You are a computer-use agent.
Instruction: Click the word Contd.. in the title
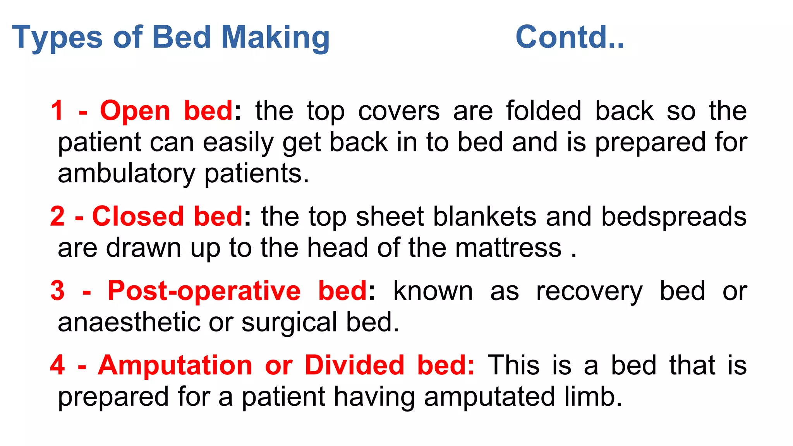(569, 37)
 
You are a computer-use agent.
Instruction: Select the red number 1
(57, 111)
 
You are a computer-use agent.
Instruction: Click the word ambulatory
(126, 174)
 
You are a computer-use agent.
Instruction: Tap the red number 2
(57, 216)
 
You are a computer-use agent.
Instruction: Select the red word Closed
(137, 216)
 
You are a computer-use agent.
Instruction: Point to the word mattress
(508, 248)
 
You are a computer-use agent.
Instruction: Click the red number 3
(57, 291)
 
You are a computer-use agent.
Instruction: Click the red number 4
(57, 365)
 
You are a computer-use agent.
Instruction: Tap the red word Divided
(354, 365)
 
